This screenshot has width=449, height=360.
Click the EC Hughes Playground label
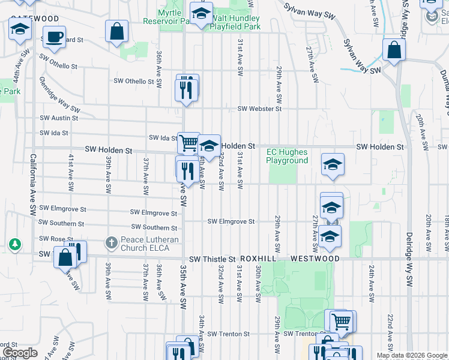(287, 156)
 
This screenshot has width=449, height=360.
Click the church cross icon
(111, 243)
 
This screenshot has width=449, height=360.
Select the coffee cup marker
(53, 37)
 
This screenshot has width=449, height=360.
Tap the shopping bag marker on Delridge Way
(394, 51)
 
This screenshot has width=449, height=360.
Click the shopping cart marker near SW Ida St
(188, 143)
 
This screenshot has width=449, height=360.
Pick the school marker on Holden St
(209, 146)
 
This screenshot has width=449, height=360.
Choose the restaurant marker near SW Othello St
(187, 89)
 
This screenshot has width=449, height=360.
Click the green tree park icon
(15, 244)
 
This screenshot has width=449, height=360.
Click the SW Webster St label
(259, 109)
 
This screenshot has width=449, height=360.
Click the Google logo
(19, 353)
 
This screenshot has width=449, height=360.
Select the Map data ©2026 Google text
(412, 355)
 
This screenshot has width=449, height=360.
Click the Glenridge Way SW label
(59, 95)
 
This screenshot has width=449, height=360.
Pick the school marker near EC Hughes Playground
(333, 164)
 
